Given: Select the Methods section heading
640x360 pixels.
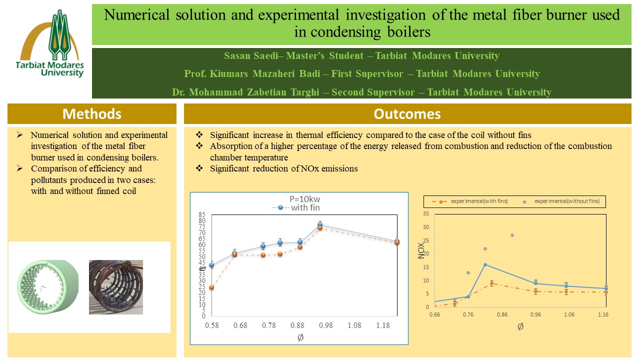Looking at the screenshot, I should (x=91, y=114).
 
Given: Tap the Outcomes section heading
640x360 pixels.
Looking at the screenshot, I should (x=407, y=114).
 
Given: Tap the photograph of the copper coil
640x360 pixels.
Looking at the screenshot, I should (x=115, y=287).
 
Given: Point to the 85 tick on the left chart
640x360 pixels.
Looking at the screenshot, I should (x=202, y=215).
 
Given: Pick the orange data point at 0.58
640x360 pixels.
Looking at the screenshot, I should (x=211, y=287).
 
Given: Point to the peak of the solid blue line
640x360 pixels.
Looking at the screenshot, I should (x=485, y=264).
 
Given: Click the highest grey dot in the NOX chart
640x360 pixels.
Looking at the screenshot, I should (x=512, y=235).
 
